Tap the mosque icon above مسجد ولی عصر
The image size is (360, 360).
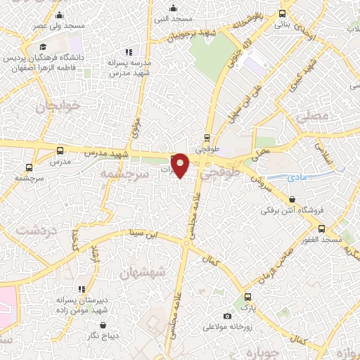[58, 15]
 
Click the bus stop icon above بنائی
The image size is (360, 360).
[282, 13]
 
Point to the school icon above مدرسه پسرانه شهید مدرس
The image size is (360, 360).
[128, 51]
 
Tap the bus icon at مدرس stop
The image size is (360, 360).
[60, 150]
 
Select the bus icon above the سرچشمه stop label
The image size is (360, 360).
[29, 167]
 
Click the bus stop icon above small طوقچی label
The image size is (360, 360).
[207, 138]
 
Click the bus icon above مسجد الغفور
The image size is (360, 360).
[322, 229]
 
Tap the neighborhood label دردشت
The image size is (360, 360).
[30, 231]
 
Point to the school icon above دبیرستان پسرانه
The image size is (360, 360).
[82, 289]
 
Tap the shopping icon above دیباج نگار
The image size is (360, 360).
[104, 325]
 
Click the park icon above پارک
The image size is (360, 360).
[247, 297]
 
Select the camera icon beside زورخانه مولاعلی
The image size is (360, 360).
[227, 316]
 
